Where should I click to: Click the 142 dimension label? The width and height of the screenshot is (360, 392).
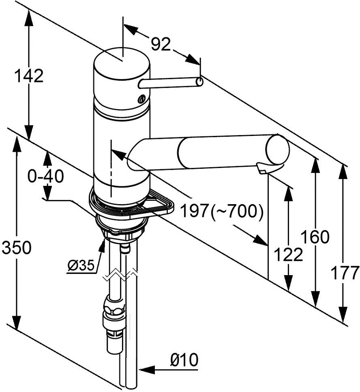tap(28, 76)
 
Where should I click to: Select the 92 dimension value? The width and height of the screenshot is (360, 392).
tap(161, 44)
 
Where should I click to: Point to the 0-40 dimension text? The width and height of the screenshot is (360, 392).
tap(46, 176)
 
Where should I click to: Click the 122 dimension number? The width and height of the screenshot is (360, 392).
tap(288, 255)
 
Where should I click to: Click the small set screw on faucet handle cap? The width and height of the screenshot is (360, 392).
tap(141, 99)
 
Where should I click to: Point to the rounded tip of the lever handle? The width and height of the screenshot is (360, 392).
tap(199, 82)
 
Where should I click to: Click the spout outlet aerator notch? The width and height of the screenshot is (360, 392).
tap(262, 168)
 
